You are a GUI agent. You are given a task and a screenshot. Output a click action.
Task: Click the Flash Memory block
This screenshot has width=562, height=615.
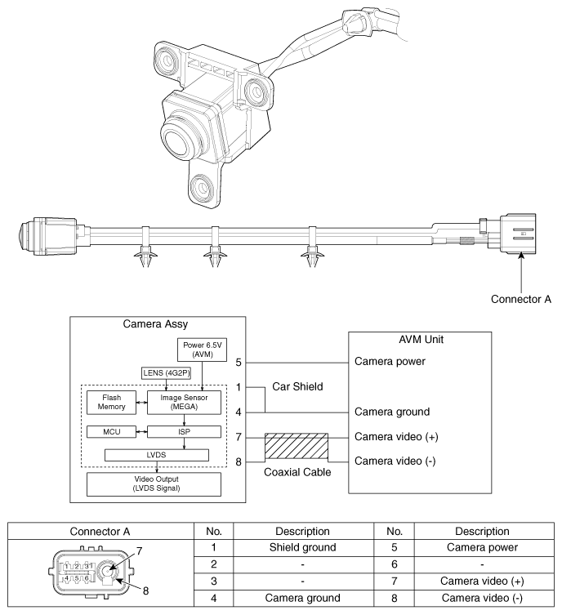point(111,403)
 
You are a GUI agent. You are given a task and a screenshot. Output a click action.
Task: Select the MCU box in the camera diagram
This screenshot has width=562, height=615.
point(111,432)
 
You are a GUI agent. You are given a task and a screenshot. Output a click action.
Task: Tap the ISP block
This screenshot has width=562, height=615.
point(184,432)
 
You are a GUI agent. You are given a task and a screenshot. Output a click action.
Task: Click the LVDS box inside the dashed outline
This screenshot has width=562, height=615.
point(157,455)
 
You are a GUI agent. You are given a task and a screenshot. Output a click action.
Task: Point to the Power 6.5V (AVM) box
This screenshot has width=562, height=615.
point(202,350)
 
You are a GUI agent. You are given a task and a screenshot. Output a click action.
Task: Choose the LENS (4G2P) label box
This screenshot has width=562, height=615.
point(167,373)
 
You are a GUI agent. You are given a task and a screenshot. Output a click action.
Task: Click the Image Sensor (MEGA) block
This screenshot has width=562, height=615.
point(184,403)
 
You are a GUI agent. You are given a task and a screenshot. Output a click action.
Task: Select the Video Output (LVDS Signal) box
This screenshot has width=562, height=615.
point(154,484)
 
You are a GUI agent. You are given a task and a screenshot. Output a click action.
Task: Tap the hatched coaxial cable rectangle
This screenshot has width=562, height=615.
point(297,446)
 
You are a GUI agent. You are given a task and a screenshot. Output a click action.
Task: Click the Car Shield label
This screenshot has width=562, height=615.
point(297,387)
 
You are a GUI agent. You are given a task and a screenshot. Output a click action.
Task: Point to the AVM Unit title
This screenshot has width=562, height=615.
point(421,340)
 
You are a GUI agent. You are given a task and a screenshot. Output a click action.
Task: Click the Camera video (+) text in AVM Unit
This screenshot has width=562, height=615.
point(396,436)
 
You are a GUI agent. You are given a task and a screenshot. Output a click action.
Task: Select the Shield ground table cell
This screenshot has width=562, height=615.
point(303,547)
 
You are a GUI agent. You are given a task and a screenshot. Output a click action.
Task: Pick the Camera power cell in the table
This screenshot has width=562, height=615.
point(482,547)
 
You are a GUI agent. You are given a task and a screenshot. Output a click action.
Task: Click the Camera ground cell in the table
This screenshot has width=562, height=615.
point(303,598)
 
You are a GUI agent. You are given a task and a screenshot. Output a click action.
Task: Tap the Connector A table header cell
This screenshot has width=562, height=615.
point(100,532)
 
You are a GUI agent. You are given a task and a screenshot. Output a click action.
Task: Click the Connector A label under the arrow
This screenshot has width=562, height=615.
point(521,299)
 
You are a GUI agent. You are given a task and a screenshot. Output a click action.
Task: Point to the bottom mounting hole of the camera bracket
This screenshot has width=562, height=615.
point(202,188)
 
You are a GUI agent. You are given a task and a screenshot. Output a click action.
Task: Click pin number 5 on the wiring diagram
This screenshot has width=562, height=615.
point(239,363)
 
